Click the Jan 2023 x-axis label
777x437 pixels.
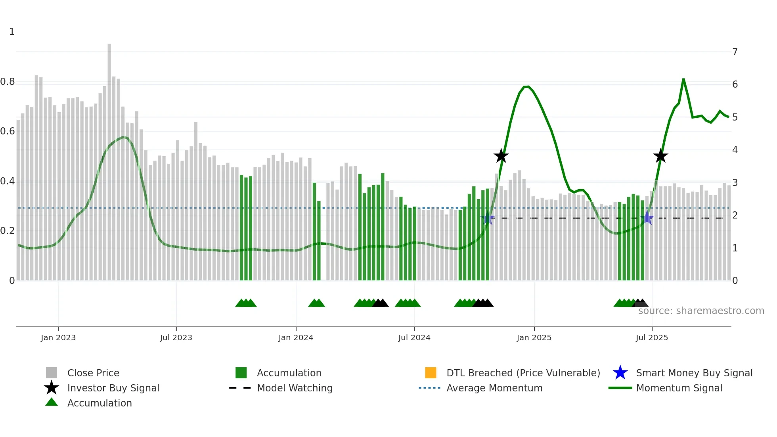click(58, 337)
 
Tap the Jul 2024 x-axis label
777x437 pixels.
click(414, 337)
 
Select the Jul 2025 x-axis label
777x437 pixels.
click(651, 337)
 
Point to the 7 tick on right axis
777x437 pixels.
click(735, 52)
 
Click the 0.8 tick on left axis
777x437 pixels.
click(8, 82)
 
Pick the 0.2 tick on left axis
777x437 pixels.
click(8, 231)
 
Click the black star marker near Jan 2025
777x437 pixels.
click(501, 156)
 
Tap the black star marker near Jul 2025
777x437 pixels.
click(660, 156)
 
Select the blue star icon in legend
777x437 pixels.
click(620, 373)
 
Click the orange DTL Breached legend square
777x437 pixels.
click(431, 373)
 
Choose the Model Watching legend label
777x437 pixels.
click(295, 388)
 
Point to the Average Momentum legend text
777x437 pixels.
click(494, 388)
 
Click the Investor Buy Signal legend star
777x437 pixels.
click(52, 388)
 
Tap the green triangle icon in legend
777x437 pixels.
click(52, 402)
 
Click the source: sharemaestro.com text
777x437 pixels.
click(701, 311)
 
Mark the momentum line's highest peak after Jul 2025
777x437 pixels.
click(683, 79)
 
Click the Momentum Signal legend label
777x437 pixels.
click(679, 388)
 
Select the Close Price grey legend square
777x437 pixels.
click(52, 373)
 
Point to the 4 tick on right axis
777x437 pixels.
click(735, 150)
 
